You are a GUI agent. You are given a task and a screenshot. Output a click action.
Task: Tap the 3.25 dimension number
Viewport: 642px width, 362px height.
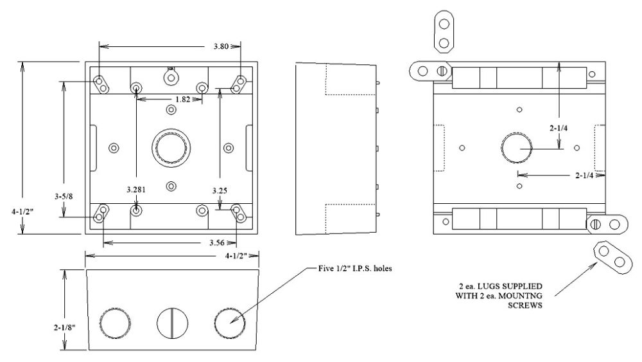(220, 190)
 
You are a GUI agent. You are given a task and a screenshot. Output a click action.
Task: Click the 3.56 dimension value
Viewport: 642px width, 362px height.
(218, 243)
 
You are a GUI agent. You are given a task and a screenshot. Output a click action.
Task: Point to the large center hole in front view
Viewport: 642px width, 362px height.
(170, 147)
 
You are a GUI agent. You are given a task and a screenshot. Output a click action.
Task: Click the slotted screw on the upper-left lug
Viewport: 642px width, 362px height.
(442, 70)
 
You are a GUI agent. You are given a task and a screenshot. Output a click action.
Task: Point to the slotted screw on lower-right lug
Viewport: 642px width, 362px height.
(595, 224)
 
